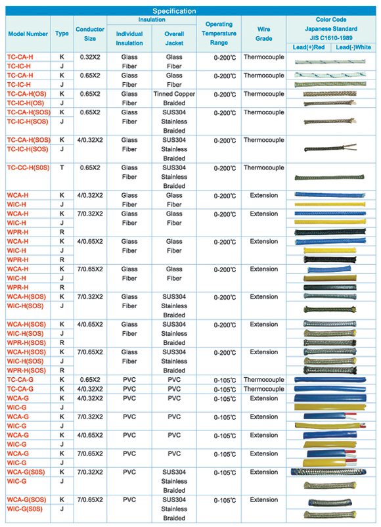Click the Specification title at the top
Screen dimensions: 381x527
174,11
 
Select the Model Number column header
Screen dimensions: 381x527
28,34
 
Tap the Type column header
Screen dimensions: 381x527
62,34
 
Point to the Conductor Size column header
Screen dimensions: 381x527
90,34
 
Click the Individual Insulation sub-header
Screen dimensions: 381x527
129,38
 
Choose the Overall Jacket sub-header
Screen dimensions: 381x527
174,38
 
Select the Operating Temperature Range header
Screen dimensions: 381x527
219,34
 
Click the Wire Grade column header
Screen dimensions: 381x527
263,34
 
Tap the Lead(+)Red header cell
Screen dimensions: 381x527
309,47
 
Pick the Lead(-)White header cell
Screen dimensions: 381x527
353,47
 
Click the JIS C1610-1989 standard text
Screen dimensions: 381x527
331,37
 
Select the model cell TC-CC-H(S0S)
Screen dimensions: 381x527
28,168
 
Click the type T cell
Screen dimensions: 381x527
62,168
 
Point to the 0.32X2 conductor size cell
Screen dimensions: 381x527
90,57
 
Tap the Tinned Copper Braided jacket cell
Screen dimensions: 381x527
174,99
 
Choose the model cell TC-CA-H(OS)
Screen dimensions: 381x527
26,94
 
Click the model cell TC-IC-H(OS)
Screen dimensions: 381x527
26,103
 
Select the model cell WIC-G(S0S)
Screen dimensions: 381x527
25,509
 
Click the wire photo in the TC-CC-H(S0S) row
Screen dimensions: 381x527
329,177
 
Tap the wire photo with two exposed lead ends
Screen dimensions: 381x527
330,149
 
